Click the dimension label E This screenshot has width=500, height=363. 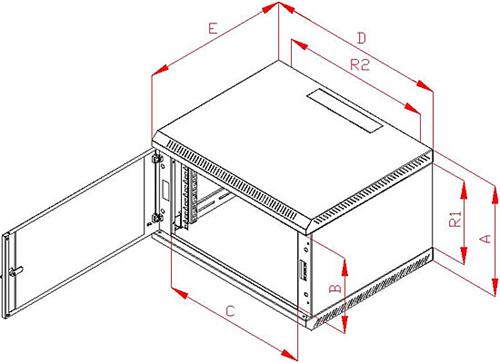tap(213, 28)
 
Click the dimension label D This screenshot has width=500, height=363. tap(362, 38)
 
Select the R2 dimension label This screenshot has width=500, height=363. tap(360, 65)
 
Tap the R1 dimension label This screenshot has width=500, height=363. tap(455, 219)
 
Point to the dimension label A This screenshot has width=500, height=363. tap(486, 239)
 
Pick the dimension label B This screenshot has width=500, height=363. tap(335, 288)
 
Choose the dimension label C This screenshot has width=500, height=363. tap(230, 311)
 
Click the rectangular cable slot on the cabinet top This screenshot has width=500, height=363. tap(344, 111)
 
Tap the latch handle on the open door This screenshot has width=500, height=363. tap(16, 271)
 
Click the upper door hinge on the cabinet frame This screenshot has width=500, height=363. tap(156, 158)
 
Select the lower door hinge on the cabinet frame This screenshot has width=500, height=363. tap(157, 218)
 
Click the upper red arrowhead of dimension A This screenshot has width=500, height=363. tap(494, 194)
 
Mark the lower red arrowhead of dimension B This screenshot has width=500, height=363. tap(345, 324)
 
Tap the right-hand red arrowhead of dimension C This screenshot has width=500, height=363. tap(289, 353)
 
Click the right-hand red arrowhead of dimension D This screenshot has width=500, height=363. tap(424, 85)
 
